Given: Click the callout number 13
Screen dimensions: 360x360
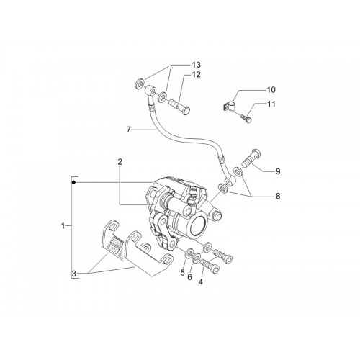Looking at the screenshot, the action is click(x=196, y=65).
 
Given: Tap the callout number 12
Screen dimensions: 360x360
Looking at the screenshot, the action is click(x=196, y=75).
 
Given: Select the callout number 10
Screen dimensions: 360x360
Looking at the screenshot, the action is click(x=271, y=90).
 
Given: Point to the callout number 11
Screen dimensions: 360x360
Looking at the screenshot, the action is click(x=271, y=104).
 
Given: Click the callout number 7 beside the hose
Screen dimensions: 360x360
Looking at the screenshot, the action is click(x=129, y=130).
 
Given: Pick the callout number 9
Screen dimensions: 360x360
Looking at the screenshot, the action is click(x=278, y=171).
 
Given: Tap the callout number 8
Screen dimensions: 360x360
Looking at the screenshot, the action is click(x=278, y=196).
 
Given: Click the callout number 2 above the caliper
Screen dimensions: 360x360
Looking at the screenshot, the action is click(x=120, y=162).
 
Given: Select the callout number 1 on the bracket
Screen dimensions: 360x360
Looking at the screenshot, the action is click(x=63, y=226).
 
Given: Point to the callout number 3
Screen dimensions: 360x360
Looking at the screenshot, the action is click(x=74, y=274).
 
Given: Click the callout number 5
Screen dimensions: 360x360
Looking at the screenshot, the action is click(x=182, y=272).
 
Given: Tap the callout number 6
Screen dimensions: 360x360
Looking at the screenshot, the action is click(x=189, y=277).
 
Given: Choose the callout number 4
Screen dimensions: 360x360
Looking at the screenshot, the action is click(x=201, y=282).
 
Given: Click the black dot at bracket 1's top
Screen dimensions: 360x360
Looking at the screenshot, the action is click(x=74, y=183).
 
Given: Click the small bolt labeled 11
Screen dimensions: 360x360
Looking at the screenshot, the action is click(x=246, y=119).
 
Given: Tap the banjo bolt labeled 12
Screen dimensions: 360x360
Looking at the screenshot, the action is click(x=180, y=107).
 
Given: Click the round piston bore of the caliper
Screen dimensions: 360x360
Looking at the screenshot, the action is click(x=198, y=225).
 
